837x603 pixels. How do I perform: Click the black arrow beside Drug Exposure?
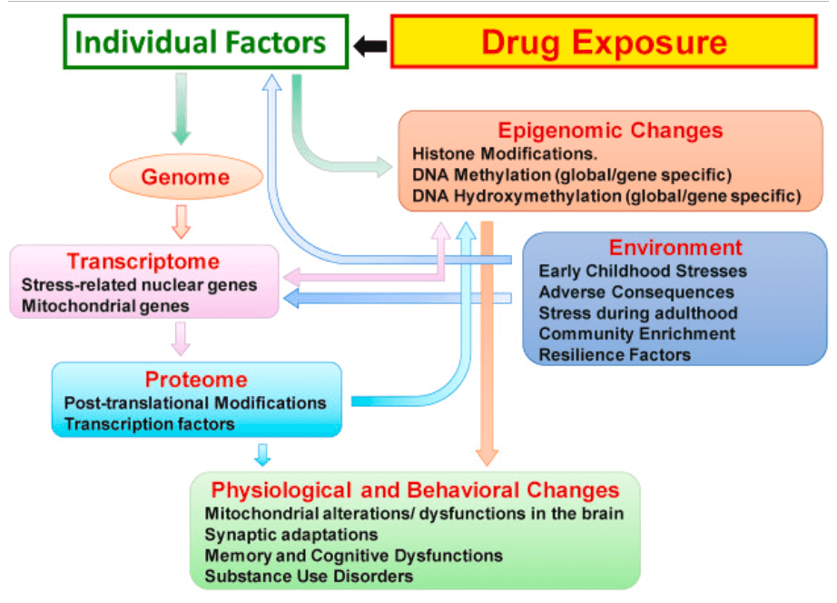369,44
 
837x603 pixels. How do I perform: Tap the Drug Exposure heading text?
604,42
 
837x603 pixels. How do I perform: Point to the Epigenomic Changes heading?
610,130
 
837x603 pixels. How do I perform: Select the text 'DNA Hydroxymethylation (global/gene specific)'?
606,195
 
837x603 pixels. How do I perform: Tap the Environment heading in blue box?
675,248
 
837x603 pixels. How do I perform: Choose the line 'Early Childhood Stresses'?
643,271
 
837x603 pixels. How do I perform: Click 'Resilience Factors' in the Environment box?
615,354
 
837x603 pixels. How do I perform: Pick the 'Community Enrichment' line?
636,333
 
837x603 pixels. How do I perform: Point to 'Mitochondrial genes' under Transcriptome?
105,305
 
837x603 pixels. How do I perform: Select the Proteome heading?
196,380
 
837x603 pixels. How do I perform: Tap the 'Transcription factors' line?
149,423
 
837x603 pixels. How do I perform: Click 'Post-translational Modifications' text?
195,402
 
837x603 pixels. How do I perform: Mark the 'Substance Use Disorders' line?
309,576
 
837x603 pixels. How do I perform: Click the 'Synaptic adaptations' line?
291,534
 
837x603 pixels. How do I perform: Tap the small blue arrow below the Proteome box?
263,453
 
